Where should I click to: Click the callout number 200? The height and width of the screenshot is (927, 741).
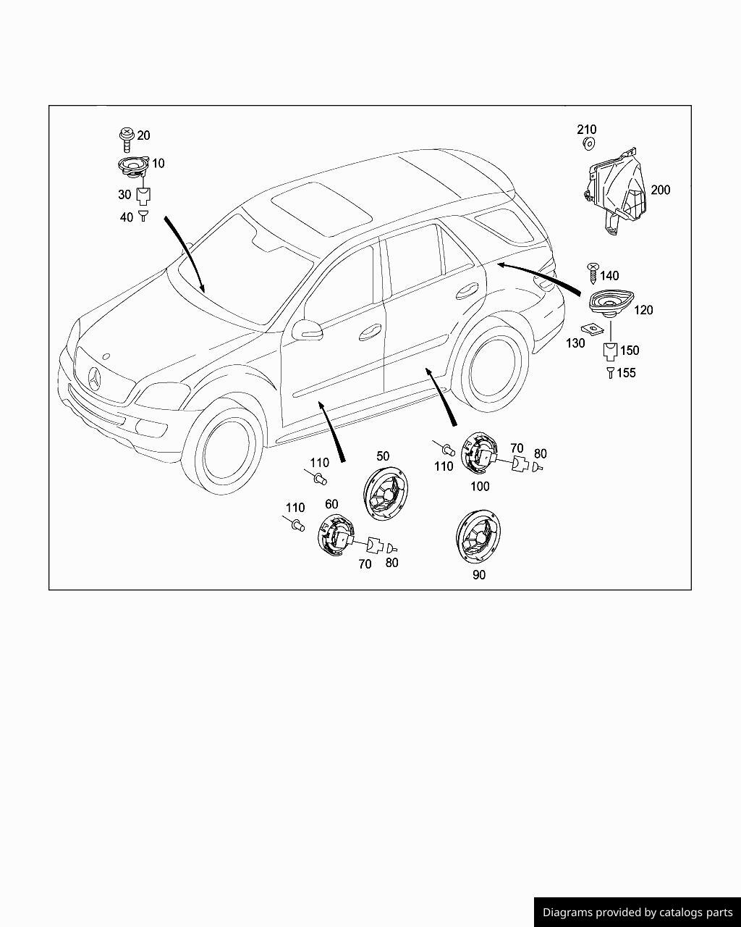pyautogui.click(x=660, y=190)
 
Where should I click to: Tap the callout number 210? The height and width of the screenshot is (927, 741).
pyautogui.click(x=586, y=130)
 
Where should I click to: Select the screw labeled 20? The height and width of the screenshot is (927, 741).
pyautogui.click(x=127, y=136)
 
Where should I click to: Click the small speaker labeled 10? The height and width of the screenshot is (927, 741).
pyautogui.click(x=133, y=166)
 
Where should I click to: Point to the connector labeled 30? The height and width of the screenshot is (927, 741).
pyautogui.click(x=143, y=195)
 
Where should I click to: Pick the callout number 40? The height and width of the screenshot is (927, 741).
pyautogui.click(x=127, y=217)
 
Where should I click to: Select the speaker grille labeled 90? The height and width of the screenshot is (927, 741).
pyautogui.click(x=478, y=536)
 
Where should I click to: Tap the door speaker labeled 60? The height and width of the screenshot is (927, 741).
pyautogui.click(x=334, y=536)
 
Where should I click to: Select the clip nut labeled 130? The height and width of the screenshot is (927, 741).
pyautogui.click(x=596, y=328)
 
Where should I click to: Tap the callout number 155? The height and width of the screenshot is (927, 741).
pyautogui.click(x=626, y=373)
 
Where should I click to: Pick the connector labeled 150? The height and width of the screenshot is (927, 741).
pyautogui.click(x=610, y=352)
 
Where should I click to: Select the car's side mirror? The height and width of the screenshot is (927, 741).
pyautogui.click(x=307, y=330)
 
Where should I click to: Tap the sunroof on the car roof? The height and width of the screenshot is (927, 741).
pyautogui.click(x=322, y=208)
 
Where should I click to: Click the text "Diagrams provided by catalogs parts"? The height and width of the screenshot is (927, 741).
pyautogui.click(x=638, y=913)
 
